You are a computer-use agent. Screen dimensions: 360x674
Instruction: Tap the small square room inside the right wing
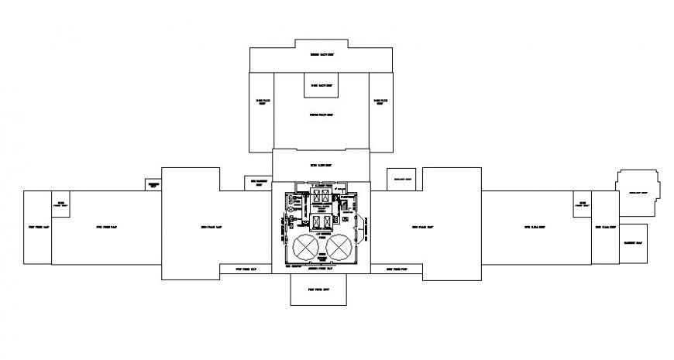click(x=581, y=204)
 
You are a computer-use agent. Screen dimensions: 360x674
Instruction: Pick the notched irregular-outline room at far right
click(x=638, y=191)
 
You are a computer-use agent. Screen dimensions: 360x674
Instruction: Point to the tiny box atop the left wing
click(x=153, y=185)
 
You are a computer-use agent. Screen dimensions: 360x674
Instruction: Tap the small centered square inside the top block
click(x=321, y=85)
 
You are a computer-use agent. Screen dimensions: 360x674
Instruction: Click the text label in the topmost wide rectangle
click(x=321, y=55)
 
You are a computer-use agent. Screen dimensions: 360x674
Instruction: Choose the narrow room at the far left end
click(x=36, y=228)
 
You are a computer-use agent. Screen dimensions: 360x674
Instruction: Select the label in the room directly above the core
click(x=321, y=166)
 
